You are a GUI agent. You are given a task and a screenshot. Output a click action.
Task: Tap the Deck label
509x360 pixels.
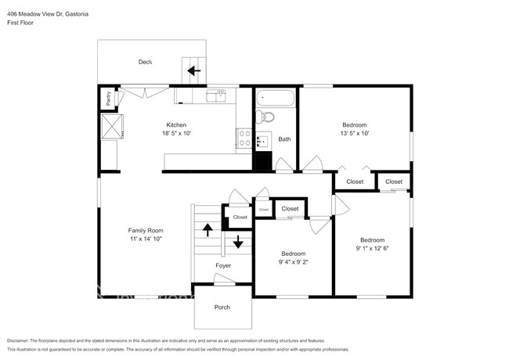(x=145, y=62)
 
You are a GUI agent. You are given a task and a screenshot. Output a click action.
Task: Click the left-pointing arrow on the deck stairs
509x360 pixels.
(x=193, y=70)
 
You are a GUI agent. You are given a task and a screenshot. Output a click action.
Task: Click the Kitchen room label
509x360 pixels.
(x=176, y=124)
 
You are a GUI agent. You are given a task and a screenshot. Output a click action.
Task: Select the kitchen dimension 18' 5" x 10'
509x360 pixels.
(x=176, y=134)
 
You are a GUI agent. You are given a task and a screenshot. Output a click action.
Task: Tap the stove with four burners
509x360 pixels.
(x=244, y=139)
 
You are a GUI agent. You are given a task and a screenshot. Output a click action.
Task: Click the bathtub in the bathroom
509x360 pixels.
(x=274, y=100)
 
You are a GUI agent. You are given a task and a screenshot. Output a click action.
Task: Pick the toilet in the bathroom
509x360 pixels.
(x=265, y=117)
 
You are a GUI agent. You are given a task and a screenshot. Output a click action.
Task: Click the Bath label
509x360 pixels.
(x=284, y=139)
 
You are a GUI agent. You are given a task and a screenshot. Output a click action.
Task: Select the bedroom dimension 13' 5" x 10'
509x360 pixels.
(x=355, y=134)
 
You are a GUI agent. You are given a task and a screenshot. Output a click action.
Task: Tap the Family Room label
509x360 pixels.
(x=146, y=230)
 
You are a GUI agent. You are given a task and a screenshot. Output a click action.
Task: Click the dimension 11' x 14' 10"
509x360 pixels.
(x=146, y=239)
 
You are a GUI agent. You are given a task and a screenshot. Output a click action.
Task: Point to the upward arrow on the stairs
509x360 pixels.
(x=208, y=229)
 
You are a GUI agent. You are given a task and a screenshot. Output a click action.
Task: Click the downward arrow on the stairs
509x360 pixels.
(x=238, y=242)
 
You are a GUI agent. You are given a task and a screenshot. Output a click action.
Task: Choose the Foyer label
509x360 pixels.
(x=223, y=266)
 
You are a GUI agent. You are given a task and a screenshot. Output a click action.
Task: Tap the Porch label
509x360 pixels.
(x=222, y=307)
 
